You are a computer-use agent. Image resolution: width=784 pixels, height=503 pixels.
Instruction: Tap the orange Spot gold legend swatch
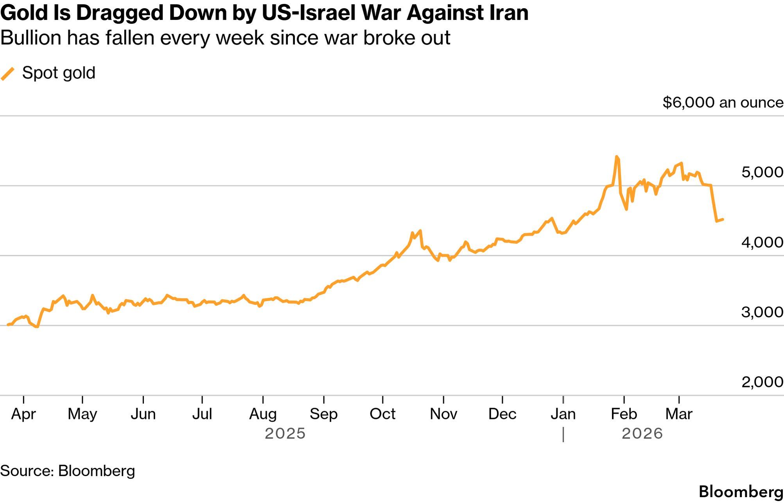[8, 73]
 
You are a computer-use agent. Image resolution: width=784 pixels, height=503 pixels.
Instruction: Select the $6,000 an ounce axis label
[723, 102]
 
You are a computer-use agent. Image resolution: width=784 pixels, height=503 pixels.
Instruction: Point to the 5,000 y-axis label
[762, 172]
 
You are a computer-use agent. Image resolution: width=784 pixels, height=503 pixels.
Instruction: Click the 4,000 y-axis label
[762, 242]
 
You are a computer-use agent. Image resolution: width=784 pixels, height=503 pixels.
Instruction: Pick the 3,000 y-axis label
[762, 312]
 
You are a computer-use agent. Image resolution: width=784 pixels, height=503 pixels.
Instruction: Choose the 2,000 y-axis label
[762, 382]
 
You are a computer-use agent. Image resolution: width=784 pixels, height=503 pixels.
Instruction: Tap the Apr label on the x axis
[23, 414]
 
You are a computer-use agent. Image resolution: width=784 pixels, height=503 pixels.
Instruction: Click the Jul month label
[202, 414]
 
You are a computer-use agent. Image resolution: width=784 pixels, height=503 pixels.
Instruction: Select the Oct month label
[382, 414]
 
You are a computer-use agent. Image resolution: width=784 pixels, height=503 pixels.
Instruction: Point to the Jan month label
[563, 414]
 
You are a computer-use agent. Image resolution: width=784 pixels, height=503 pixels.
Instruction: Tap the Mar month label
[679, 414]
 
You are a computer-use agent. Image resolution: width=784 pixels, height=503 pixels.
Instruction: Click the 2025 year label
[285, 434]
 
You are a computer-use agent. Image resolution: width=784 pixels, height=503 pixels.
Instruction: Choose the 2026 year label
[642, 434]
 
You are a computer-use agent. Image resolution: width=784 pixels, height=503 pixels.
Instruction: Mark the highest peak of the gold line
[617, 157]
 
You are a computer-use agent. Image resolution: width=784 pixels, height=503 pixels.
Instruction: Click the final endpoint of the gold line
[723, 220]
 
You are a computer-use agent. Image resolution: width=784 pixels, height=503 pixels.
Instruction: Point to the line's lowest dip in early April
[37, 326]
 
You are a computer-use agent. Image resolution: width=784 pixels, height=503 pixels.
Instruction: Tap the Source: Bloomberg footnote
[68, 471]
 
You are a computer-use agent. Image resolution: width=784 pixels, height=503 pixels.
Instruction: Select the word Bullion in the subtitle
[31, 38]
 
